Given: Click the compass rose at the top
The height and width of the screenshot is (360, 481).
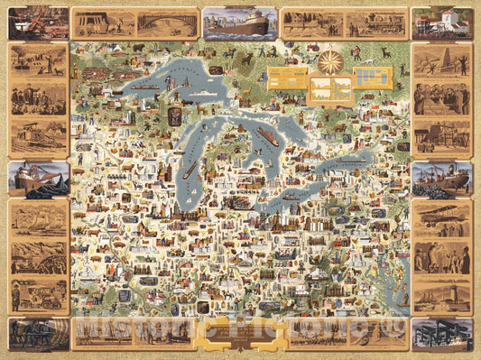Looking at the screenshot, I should tap(329, 62).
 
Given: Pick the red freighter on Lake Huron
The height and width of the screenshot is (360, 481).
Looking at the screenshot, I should tap(268, 137).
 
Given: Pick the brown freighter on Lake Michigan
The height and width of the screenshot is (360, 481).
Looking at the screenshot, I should tap(190, 170).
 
